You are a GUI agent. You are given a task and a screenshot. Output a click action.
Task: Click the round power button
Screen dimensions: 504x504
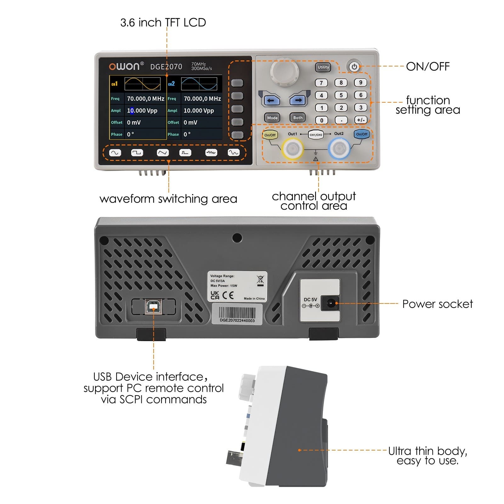point(354,67)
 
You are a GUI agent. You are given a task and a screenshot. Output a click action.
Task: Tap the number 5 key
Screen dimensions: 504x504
point(341,95)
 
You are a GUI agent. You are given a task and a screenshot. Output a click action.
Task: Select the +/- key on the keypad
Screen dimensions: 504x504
point(361,120)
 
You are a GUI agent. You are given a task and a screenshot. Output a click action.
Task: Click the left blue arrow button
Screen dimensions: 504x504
point(271,100)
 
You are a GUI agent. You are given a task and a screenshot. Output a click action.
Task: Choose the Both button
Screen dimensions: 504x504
point(297,118)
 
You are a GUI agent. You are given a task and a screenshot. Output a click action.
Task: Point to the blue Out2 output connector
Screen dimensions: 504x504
point(339,148)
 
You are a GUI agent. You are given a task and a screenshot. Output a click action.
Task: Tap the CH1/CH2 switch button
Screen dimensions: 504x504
point(316,135)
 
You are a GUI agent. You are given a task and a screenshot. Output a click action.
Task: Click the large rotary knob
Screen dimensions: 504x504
point(284,71)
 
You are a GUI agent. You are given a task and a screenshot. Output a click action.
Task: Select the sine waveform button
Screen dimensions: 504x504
point(115,153)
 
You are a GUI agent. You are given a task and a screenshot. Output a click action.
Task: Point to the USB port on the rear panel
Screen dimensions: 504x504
point(153,307)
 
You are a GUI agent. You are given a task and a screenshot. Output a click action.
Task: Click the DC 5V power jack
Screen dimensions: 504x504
point(330,304)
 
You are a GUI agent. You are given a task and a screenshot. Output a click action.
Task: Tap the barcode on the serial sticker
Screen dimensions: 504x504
point(237,313)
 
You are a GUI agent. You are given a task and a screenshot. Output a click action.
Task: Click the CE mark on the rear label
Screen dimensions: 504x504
point(228,295)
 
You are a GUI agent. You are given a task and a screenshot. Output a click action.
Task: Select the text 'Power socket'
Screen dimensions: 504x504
point(437,304)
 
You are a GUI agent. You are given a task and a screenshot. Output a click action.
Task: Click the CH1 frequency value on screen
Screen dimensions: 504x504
point(145,99)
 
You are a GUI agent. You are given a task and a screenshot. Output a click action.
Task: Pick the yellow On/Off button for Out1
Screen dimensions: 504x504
point(270,135)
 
